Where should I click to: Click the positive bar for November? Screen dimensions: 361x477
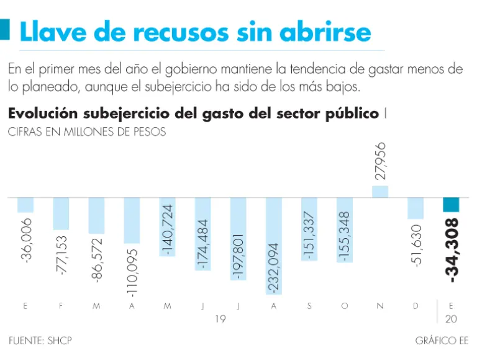(x=380, y=192)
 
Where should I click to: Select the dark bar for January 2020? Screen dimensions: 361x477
(x=451, y=205)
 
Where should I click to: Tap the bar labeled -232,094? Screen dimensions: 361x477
(x=274, y=246)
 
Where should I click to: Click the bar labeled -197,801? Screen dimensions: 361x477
(x=238, y=239)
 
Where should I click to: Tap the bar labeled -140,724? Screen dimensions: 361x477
(x=168, y=226)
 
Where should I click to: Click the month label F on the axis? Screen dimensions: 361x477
(x=61, y=306)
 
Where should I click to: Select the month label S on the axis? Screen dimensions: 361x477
(x=309, y=306)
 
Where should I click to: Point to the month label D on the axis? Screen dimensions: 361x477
(x=416, y=306)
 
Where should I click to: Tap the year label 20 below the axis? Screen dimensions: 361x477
(x=452, y=319)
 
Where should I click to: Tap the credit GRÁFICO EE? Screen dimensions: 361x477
(x=442, y=341)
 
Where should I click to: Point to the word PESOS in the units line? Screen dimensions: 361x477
(x=149, y=132)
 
